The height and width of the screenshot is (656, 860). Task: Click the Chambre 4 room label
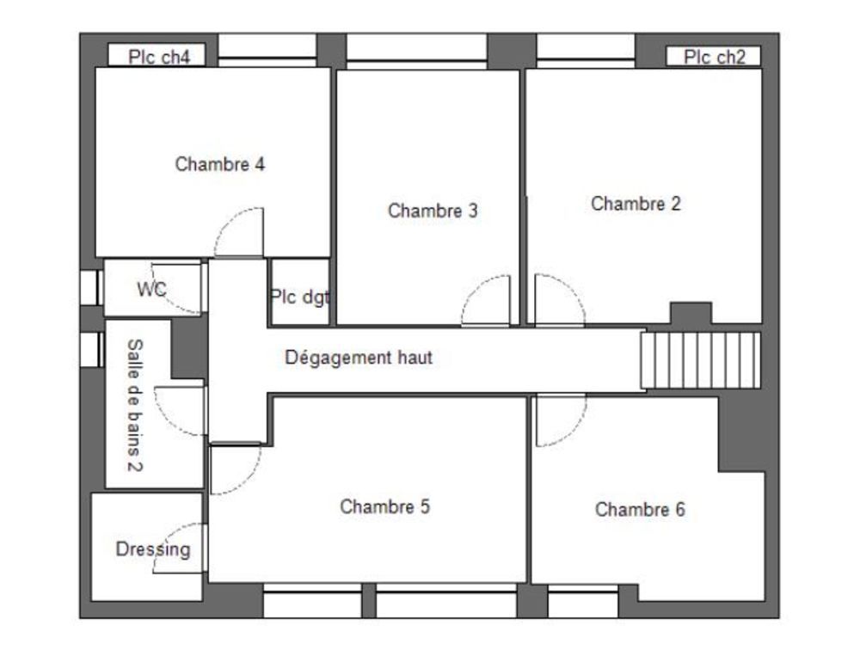click(219, 164)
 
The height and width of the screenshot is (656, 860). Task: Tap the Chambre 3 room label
click(433, 211)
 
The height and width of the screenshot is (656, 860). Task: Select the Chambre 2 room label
click(636, 204)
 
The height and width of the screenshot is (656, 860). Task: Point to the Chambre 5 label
click(384, 506)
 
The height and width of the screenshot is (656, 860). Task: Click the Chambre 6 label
click(640, 510)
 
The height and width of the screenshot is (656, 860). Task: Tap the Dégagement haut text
click(359, 358)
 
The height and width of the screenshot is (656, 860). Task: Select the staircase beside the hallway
click(701, 360)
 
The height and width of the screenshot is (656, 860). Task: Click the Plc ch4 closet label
click(161, 57)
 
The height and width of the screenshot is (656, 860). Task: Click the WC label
click(151, 290)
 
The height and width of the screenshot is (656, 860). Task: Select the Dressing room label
click(153, 549)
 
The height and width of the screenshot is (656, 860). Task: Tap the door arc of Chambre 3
click(485, 300)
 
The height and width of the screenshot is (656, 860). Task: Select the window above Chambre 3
click(416, 49)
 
